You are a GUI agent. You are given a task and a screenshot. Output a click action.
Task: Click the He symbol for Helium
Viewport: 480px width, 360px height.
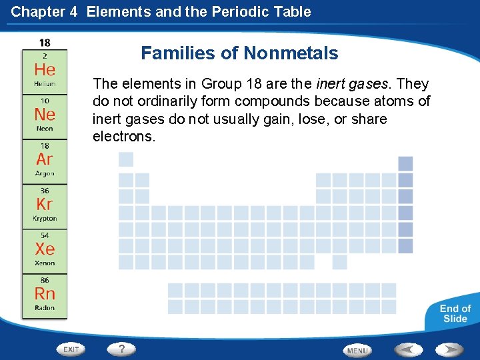45,69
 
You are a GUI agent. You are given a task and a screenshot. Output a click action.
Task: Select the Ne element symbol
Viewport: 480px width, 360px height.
45,114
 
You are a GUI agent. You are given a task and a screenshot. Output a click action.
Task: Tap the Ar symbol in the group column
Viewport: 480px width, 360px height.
45,159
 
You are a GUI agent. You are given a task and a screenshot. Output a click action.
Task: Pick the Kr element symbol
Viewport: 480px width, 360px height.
45,204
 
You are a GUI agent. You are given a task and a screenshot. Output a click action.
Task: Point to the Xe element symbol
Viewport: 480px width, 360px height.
45,249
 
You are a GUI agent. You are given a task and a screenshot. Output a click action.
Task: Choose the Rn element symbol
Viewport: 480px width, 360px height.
45,293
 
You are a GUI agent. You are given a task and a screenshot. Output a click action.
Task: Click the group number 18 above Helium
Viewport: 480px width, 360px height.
45,43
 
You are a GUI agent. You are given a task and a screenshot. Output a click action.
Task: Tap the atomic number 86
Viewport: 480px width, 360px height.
45,281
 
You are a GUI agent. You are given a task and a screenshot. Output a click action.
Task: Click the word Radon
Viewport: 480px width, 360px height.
45,307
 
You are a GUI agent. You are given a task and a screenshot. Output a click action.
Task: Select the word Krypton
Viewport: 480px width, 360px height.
45,218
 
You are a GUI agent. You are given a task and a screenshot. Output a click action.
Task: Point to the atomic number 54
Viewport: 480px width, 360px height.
45,236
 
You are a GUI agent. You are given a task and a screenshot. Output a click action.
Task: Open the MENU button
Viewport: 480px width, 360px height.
357,350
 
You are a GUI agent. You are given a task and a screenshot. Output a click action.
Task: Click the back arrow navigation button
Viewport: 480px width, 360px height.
408,349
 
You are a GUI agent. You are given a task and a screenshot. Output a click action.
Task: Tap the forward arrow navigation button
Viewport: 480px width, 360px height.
449,349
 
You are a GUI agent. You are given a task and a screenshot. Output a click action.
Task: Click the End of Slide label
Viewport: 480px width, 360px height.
455,313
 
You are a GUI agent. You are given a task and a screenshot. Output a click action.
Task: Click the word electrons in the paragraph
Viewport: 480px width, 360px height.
124,137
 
